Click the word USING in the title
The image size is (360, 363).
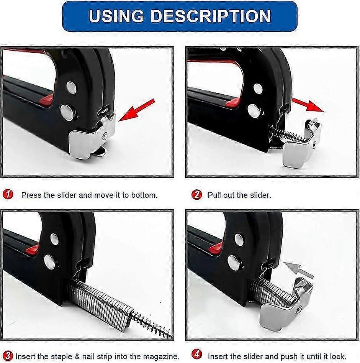click(116, 16)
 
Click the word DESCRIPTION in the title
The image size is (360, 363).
click(211, 16)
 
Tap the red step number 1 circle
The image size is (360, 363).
click(8, 194)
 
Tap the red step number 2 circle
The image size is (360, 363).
click(197, 194)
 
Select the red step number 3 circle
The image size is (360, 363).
click(8, 355)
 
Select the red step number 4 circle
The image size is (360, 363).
click(197, 354)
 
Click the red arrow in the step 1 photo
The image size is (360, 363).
click(137, 110)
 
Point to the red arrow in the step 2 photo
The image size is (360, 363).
click(308, 105)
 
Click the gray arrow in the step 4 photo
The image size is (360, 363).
click(298, 270)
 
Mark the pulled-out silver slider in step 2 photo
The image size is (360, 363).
click(301, 143)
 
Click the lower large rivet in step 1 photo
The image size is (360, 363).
click(67, 112)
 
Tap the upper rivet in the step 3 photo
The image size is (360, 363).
click(55, 239)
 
